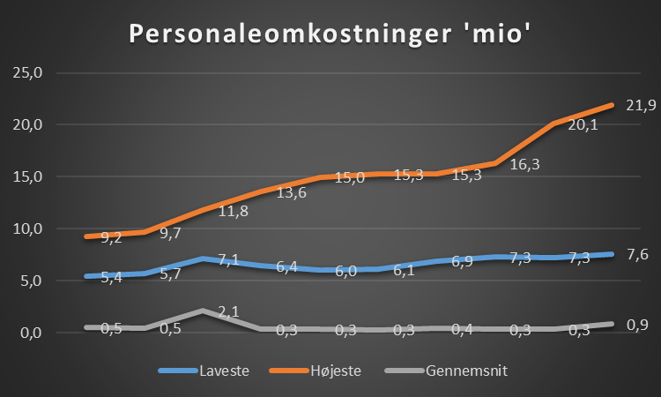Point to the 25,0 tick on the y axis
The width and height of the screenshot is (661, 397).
tap(26, 72)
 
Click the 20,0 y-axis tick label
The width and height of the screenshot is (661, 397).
tap(26, 124)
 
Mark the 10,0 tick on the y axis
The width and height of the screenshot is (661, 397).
tap(26, 229)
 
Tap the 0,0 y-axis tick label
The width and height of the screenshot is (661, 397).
tap(29, 333)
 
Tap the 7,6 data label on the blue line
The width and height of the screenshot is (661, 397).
tap(638, 255)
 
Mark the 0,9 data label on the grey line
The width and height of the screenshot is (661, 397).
tap(638, 325)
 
